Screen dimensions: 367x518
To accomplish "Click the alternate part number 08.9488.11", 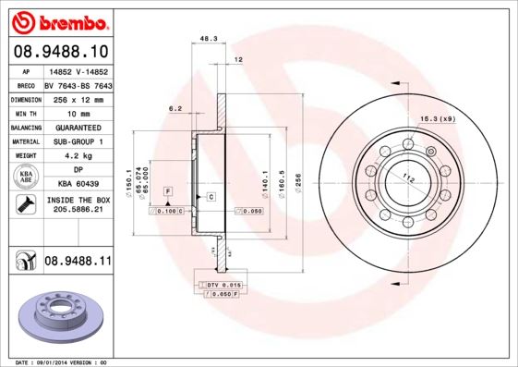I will click(x=78, y=263).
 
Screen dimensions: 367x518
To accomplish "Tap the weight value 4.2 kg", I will click(x=78, y=156).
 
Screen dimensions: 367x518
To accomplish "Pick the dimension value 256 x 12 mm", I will click(x=78, y=98).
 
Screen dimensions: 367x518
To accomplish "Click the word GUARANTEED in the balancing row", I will click(x=78, y=127).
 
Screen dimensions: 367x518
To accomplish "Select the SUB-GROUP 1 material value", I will click(x=78, y=141).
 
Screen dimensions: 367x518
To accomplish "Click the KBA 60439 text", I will click(x=78, y=184).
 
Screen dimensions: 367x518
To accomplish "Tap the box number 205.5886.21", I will click(x=78, y=212).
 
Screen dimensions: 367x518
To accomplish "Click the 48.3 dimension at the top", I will click(x=209, y=39).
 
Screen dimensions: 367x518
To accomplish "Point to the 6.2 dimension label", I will click(x=175, y=108).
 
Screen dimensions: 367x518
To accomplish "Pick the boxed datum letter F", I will click(x=168, y=190).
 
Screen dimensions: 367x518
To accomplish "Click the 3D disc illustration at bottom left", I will click(x=57, y=314).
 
